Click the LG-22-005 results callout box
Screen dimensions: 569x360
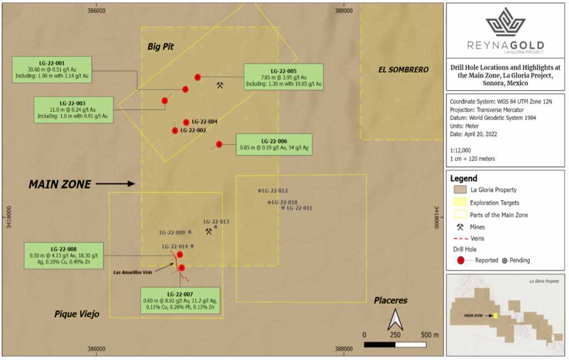tap(283, 77)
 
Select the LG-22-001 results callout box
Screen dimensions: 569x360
tap(52, 69)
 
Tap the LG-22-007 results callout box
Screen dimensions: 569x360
tap(180, 301)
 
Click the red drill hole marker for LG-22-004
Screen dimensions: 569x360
tap(186, 122)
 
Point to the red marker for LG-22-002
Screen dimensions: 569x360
tap(175, 131)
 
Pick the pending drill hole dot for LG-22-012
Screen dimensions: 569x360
tap(259, 191)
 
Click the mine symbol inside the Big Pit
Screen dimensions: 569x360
tap(220, 86)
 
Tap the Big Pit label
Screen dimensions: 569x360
tap(161, 47)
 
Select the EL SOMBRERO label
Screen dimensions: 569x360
tap(403, 69)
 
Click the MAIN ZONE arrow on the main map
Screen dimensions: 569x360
tap(116, 184)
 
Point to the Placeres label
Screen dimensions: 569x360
tap(391, 301)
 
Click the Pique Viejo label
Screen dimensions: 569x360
tap(77, 314)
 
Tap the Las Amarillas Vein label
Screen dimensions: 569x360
tap(132, 273)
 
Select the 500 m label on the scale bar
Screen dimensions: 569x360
tap(430, 335)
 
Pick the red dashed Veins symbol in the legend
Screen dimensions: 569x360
tap(461, 238)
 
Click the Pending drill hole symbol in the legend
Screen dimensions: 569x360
tap(505, 261)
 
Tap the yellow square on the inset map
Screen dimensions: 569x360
tap(495, 316)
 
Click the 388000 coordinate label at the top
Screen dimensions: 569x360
tap(343, 11)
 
